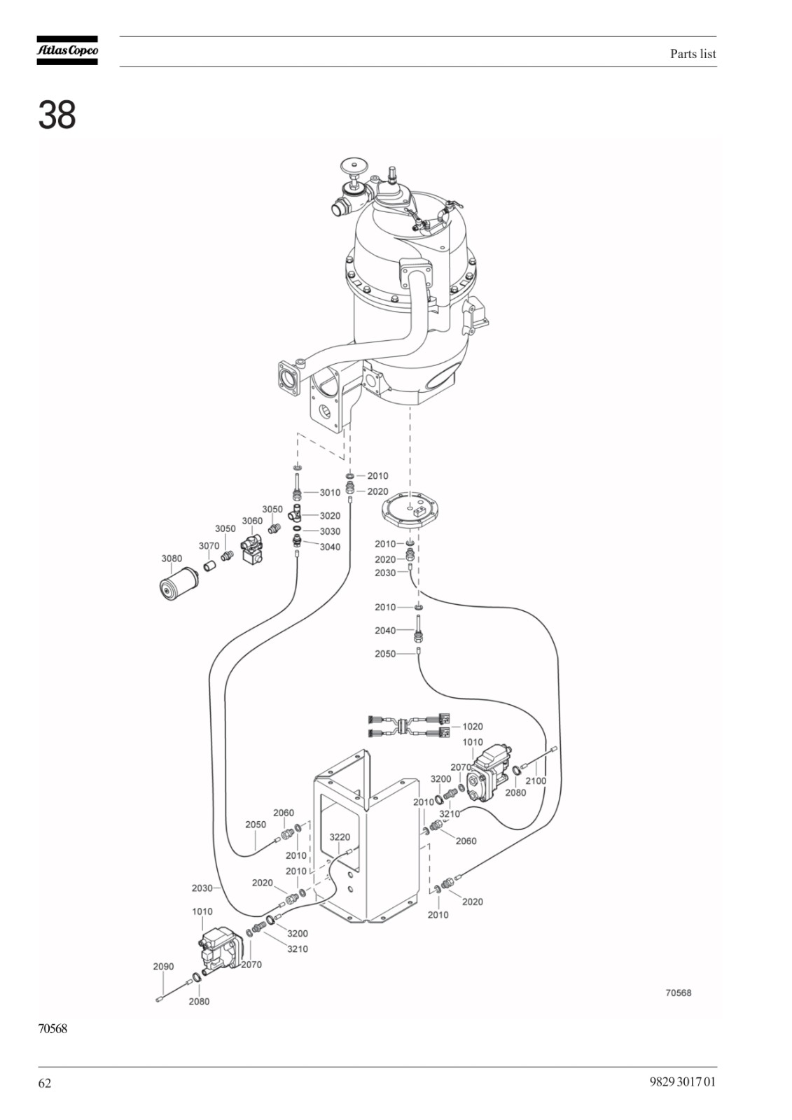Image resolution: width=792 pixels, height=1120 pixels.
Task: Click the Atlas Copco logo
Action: coord(67,50)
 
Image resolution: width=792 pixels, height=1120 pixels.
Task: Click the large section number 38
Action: coord(57,115)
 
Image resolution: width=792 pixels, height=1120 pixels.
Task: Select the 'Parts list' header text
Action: coord(693,54)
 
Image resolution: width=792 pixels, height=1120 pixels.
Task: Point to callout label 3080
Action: coord(172,559)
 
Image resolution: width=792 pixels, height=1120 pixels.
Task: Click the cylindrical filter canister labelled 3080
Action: coord(178,583)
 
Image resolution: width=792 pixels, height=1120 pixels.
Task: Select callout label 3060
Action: coord(252,521)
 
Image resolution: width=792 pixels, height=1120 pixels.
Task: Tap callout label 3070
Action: coord(209,546)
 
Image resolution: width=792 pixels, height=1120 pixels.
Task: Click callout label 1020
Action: coord(472,727)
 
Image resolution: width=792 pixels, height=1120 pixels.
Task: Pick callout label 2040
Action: coord(385,631)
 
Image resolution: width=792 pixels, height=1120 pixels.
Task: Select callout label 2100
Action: coord(536,781)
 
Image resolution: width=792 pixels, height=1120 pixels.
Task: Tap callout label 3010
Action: coord(331,493)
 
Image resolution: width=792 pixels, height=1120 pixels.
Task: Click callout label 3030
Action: coord(331,531)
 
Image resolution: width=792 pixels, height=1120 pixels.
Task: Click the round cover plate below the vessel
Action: coord(410,512)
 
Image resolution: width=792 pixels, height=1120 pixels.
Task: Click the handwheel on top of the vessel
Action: coord(354,166)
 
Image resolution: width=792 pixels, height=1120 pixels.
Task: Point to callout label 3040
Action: coord(331,547)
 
